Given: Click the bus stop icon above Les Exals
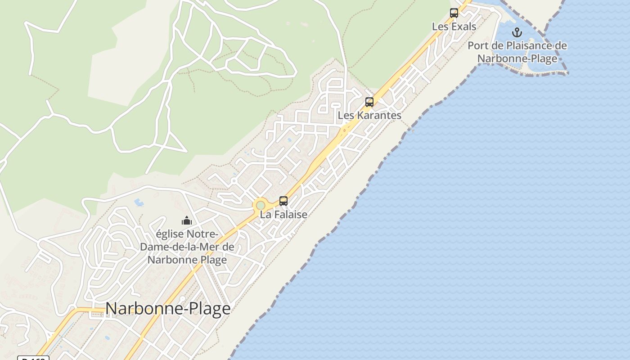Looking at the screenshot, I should click(x=454, y=13).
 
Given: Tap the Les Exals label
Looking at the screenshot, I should click(x=454, y=27).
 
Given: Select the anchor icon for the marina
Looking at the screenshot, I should click(x=517, y=32).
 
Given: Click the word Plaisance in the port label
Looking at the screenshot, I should click(x=521, y=45).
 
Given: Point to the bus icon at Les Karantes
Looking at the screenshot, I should click(x=369, y=102).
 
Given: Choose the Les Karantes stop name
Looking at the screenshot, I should click(x=369, y=116).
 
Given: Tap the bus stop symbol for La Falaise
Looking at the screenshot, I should click(x=283, y=201).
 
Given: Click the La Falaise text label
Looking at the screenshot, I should click(x=283, y=215).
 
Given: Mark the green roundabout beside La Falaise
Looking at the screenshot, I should click(x=261, y=205).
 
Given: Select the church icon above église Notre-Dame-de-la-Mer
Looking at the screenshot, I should click(x=187, y=220).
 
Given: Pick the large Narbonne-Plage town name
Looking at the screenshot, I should click(x=168, y=309).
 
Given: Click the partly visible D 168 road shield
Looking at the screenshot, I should click(x=33, y=358).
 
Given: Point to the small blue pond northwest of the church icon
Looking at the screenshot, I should click(x=139, y=203).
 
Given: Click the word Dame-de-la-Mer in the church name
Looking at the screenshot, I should click(x=187, y=247).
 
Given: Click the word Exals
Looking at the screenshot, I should click(x=463, y=27).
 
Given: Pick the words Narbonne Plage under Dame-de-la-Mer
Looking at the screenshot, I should click(x=187, y=260).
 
